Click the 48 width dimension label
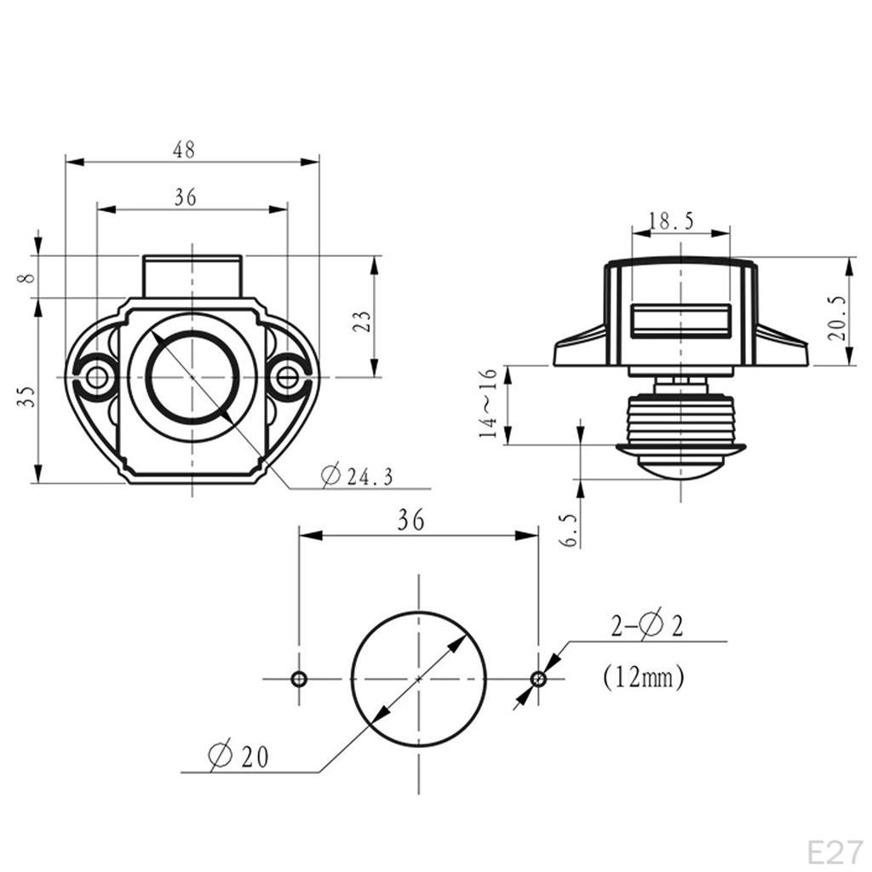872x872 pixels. (184, 150)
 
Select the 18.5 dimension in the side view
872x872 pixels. (672, 221)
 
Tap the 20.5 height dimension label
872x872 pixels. (836, 318)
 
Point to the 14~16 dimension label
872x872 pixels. (488, 403)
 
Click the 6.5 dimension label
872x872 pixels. (571, 531)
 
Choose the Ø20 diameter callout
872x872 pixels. (238, 756)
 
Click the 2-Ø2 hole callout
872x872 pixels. (647, 626)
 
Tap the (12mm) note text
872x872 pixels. (644, 677)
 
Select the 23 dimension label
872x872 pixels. (362, 321)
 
